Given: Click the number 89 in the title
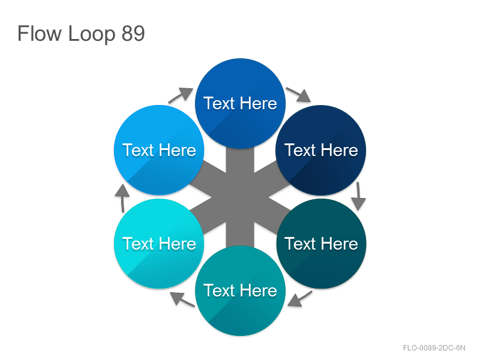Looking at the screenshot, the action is pyautogui.click(x=133, y=34).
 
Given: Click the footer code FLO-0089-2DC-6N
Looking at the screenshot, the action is pyautogui.click(x=434, y=348).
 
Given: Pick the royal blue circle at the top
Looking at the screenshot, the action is pyautogui.click(x=241, y=103).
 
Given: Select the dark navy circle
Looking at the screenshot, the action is pyautogui.click(x=321, y=151).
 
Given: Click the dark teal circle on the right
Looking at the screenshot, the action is pyautogui.click(x=321, y=244).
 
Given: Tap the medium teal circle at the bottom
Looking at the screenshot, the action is pyautogui.click(x=241, y=290).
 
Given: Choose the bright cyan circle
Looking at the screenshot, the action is pyautogui.click(x=159, y=244).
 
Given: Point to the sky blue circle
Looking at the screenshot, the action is pyautogui.click(x=159, y=151).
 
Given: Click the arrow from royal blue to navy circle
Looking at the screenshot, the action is pyautogui.click(x=298, y=94).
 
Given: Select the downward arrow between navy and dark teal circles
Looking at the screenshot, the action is pyautogui.click(x=358, y=196).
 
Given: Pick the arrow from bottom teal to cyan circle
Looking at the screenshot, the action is pyautogui.click(x=182, y=299).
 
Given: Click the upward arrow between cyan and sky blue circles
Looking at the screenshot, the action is pyautogui.click(x=122, y=198).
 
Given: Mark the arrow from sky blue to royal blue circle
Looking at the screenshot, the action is pyautogui.click(x=181, y=95).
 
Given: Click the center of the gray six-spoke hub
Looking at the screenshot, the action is pyautogui.click(x=241, y=197).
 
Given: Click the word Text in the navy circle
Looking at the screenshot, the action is pyautogui.click(x=300, y=151).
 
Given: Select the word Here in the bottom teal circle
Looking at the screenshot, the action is pyautogui.click(x=259, y=290).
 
